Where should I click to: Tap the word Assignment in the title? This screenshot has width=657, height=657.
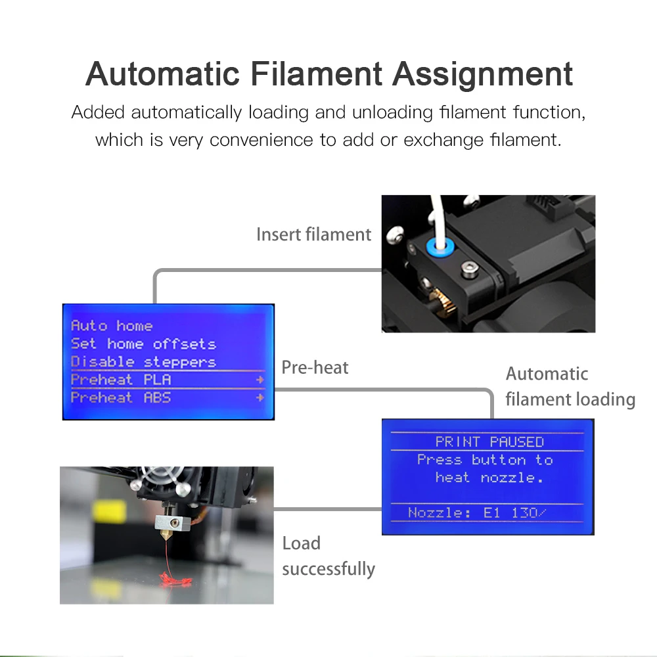(x=483, y=74)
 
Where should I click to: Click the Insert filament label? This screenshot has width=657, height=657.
(x=313, y=235)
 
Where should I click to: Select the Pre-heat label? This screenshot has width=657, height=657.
(x=315, y=367)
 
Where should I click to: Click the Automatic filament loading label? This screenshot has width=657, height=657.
(x=570, y=387)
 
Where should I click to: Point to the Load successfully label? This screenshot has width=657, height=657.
(x=328, y=556)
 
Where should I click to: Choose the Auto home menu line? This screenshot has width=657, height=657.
(x=112, y=326)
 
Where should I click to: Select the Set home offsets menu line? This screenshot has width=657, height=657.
(x=143, y=344)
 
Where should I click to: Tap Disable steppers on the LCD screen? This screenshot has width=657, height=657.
(x=143, y=361)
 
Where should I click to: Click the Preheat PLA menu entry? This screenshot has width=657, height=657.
(x=121, y=380)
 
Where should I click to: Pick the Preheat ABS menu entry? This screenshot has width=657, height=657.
(x=121, y=397)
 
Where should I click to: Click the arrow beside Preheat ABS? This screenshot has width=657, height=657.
(x=260, y=397)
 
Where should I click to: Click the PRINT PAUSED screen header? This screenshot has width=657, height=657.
(x=489, y=442)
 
